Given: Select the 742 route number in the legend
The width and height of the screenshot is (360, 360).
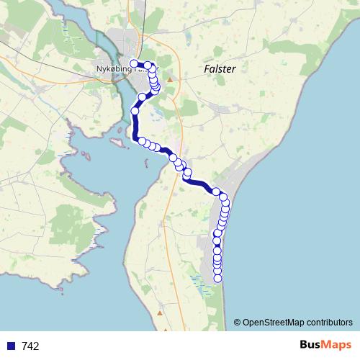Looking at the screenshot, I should click(31, 346).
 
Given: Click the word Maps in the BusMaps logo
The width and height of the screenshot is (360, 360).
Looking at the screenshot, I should click(336, 346).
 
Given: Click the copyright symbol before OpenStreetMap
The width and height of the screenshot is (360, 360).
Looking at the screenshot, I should click(238, 322).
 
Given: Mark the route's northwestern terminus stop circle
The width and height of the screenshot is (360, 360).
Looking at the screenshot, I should click(134, 63).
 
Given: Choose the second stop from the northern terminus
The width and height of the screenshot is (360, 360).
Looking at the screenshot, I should click(147, 66).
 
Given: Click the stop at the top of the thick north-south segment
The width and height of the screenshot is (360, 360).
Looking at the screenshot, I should click(135, 111).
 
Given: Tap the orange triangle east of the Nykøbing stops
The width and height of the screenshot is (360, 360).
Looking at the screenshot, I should click(169, 78).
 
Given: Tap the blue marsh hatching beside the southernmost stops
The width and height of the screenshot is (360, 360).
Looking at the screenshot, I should click(198, 281).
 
